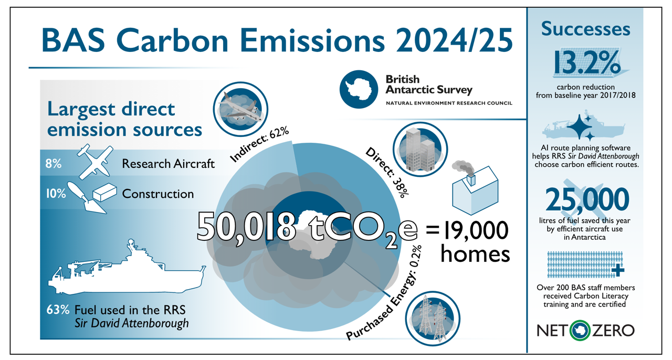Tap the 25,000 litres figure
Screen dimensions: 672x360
(x=587, y=199)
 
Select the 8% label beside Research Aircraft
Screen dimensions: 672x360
(x=54, y=164)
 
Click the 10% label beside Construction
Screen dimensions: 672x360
(x=56, y=194)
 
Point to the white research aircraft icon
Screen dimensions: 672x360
(x=94, y=162)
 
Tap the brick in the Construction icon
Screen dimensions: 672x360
(x=104, y=192)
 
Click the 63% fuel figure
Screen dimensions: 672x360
(x=58, y=310)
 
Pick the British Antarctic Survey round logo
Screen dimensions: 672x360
(x=359, y=89)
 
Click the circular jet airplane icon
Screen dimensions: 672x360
(x=240, y=109)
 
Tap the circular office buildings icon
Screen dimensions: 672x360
(x=421, y=149)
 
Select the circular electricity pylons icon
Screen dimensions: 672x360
(x=433, y=319)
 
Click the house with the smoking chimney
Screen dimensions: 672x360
(x=475, y=188)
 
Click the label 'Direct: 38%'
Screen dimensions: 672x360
(x=387, y=172)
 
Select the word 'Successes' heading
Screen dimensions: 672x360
(x=585, y=29)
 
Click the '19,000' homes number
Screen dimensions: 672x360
(x=476, y=230)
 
